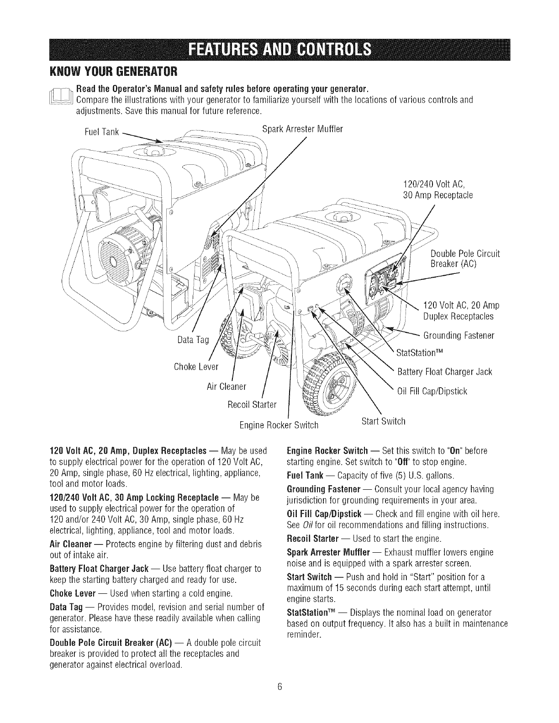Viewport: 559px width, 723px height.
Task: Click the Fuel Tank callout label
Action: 102,132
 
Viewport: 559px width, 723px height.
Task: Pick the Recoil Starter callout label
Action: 252,404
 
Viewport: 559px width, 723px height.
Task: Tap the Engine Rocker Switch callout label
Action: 279,425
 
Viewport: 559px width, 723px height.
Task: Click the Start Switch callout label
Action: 383,421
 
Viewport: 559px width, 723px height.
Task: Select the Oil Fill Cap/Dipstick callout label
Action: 432,391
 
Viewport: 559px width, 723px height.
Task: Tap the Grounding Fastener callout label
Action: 459,336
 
